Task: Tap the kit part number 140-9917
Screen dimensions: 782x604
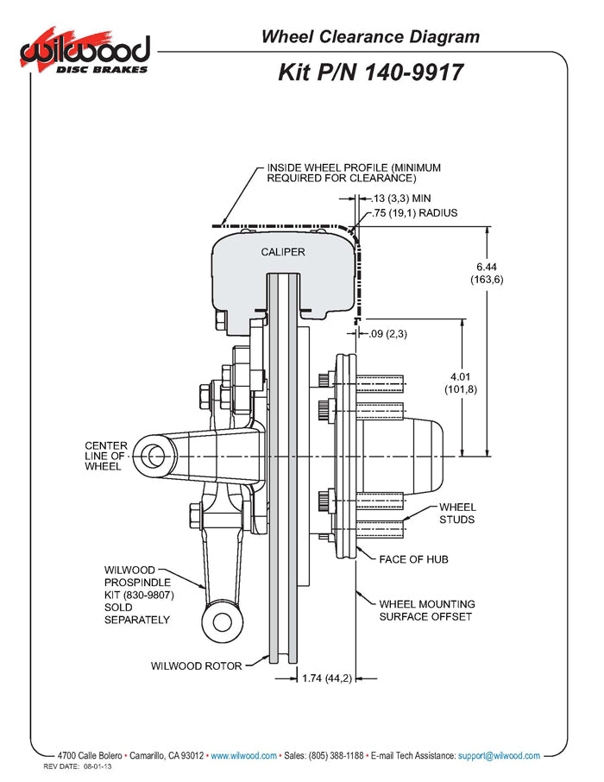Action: (x=371, y=73)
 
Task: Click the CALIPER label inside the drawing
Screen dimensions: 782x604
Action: (x=283, y=252)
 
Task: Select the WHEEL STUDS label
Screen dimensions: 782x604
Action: (x=456, y=514)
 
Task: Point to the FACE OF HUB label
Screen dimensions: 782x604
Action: (x=413, y=559)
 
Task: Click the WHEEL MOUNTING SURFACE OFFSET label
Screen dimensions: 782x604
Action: (x=427, y=610)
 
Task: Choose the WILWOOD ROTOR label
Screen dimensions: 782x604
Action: (x=196, y=665)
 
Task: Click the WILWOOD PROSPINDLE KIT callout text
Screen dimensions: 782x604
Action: (x=137, y=595)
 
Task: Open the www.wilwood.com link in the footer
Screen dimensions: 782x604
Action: (x=243, y=755)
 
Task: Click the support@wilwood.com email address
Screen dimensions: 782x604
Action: (x=499, y=755)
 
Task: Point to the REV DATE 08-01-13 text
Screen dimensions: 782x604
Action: (x=79, y=766)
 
